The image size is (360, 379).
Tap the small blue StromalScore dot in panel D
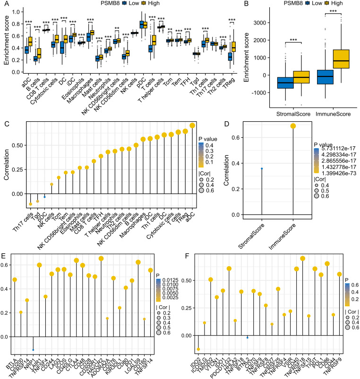coord(262,168)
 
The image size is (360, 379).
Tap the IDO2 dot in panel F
coord(198,349)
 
